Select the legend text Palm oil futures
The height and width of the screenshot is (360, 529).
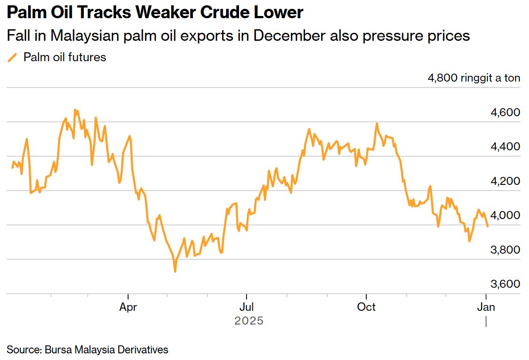[65, 57]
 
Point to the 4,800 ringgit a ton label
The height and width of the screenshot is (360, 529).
[474, 78]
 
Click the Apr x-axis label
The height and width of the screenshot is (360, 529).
[128, 307]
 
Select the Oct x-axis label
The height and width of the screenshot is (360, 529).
[366, 307]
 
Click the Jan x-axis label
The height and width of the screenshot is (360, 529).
[486, 307]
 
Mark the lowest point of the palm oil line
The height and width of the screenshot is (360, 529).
[175, 271]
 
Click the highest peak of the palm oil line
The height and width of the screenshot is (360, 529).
[74, 110]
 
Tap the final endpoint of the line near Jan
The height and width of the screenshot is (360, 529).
[488, 226]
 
